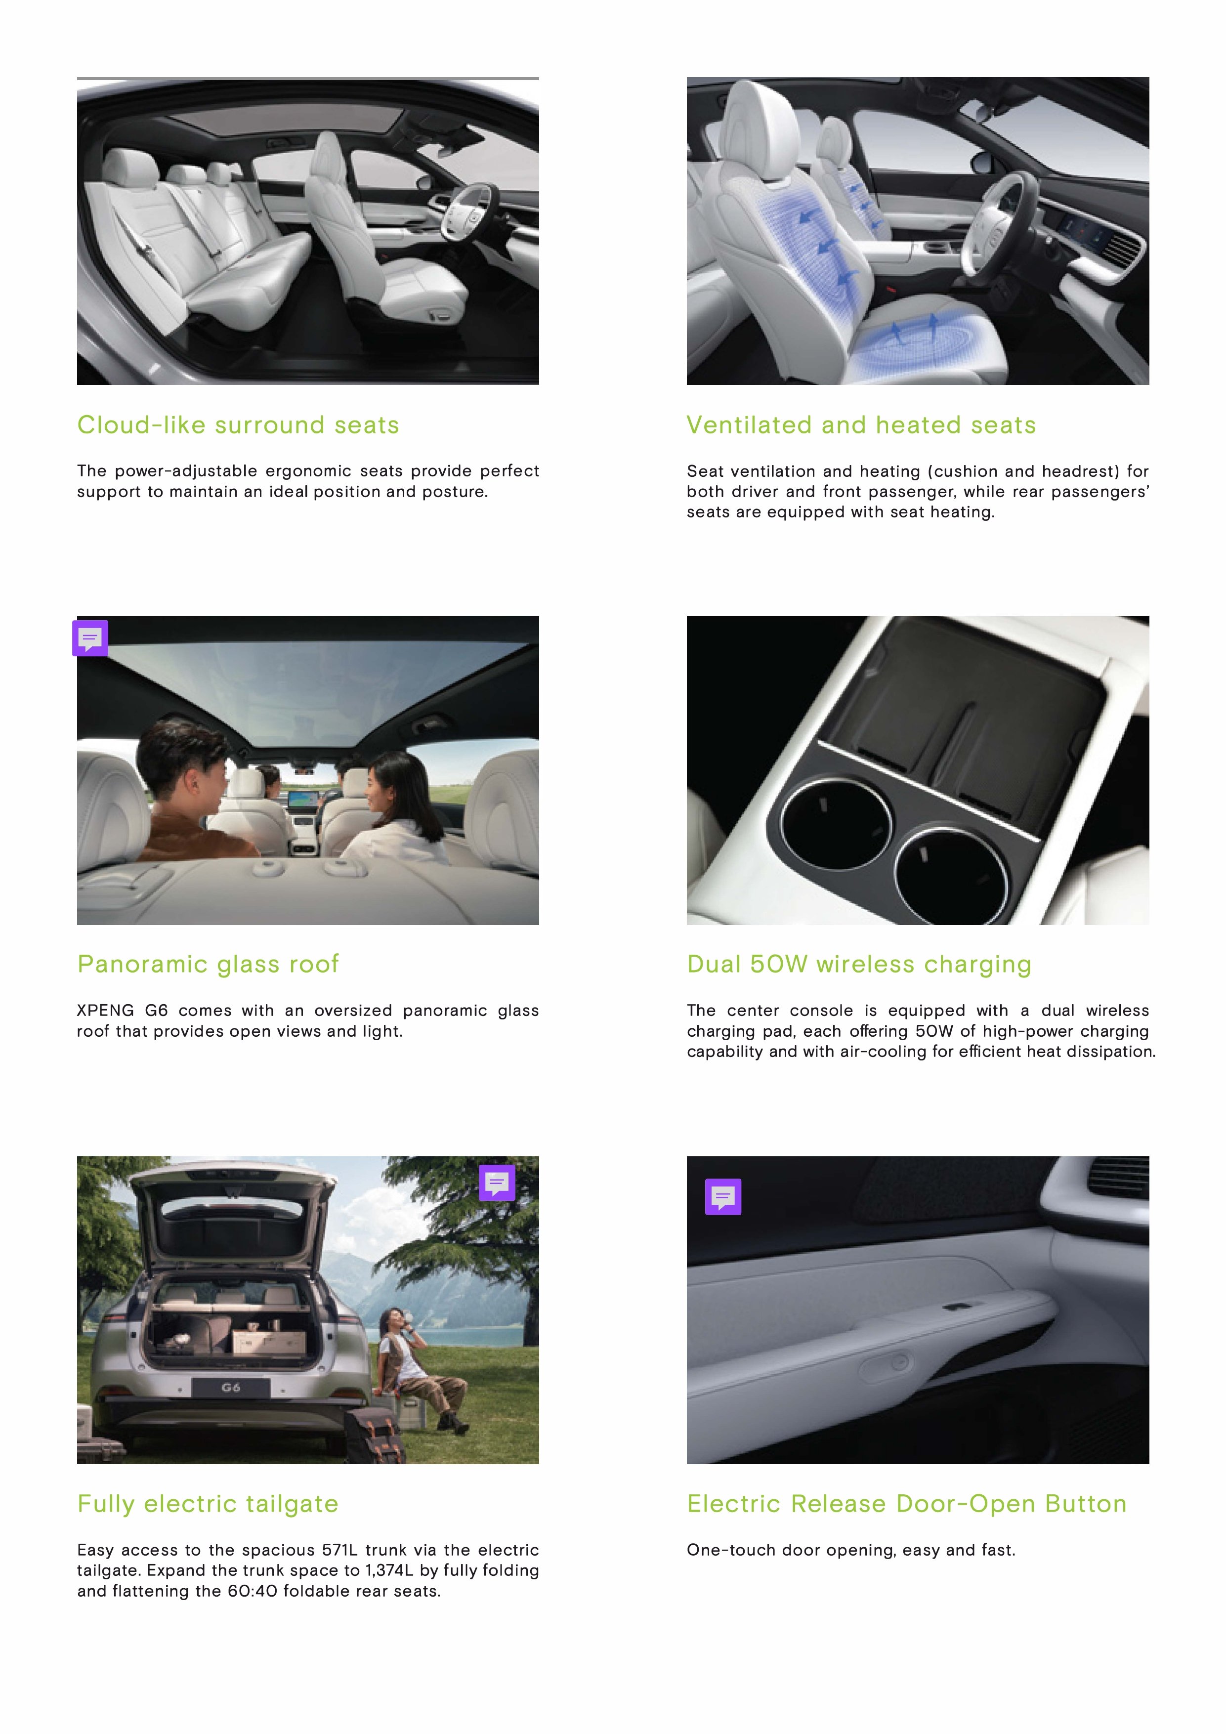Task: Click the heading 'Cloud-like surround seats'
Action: [238, 425]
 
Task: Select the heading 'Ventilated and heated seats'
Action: [861, 425]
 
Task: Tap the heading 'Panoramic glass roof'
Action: [208, 965]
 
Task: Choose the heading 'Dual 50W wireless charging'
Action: [859, 965]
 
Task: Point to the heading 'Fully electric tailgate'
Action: [208, 1504]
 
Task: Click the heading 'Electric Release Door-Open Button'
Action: [906, 1504]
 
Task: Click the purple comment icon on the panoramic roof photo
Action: [90, 638]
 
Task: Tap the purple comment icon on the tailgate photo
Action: [497, 1183]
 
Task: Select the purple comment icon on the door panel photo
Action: [723, 1196]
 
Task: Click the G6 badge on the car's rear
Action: [230, 1388]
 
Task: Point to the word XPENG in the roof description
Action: [105, 1011]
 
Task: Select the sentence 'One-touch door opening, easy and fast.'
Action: [850, 1551]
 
